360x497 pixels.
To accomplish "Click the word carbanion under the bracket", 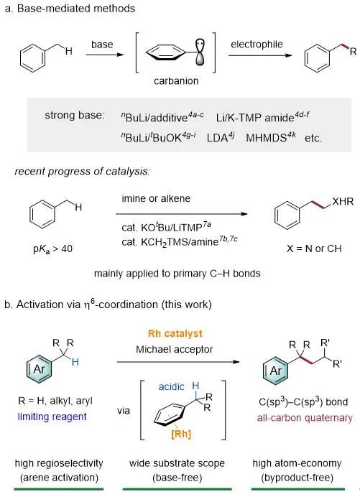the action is click(176, 81).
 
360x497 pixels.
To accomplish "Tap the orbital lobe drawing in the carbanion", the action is click(200, 52).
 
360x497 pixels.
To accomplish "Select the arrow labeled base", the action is click(104, 55).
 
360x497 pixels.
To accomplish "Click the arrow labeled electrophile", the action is click(260, 55).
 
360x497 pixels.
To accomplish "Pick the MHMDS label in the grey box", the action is click(271, 137).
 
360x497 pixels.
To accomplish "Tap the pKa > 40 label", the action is click(52, 249).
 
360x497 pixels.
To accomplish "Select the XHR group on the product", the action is click(343, 201).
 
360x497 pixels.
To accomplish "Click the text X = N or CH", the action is click(314, 249).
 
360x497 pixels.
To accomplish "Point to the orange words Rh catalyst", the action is click(175, 333).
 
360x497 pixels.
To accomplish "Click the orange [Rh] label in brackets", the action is click(181, 434).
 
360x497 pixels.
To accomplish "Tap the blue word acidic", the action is click(171, 386).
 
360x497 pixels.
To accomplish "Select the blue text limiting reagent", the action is click(52, 417).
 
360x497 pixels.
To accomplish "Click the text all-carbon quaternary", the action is click(305, 418).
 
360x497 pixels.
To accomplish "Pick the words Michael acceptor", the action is click(174, 349).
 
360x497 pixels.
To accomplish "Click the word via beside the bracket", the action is click(124, 411).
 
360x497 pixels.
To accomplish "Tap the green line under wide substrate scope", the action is click(177, 489).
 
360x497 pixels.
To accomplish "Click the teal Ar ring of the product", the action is click(276, 370).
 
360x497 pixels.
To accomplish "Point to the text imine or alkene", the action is click(156, 198).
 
